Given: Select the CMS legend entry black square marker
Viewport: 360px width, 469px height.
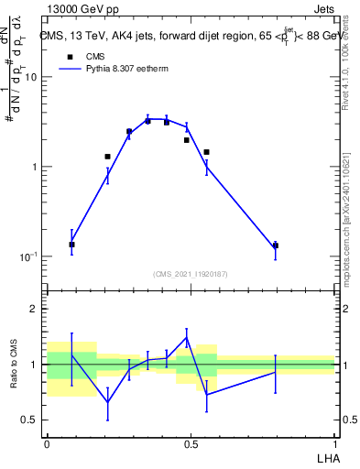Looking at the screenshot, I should [71, 57].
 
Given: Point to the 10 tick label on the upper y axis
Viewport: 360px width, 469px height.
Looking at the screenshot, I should [30, 78].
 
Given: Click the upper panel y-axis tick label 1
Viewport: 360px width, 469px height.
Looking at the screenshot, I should [34, 168].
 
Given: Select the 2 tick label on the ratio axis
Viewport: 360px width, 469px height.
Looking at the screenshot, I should [34, 310].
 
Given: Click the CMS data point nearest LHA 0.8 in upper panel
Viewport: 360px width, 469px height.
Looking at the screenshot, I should [276, 245].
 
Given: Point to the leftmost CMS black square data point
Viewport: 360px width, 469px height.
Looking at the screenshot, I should [72, 245].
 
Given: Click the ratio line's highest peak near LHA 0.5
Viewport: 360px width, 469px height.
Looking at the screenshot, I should [187, 338].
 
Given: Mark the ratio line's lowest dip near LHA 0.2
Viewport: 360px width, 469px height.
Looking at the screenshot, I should [108, 402].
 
